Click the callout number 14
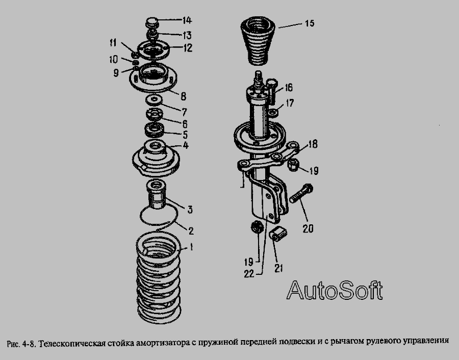point(187,20)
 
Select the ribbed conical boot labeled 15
point(258,42)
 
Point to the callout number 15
point(310,23)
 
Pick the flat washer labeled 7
point(153,100)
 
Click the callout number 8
point(183,96)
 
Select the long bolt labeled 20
point(301,193)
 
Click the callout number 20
point(308,228)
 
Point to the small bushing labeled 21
point(278,234)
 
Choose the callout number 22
point(249,274)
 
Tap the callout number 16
point(288,88)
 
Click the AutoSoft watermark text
point(335,290)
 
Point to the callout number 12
point(188,48)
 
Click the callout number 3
point(190,210)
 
